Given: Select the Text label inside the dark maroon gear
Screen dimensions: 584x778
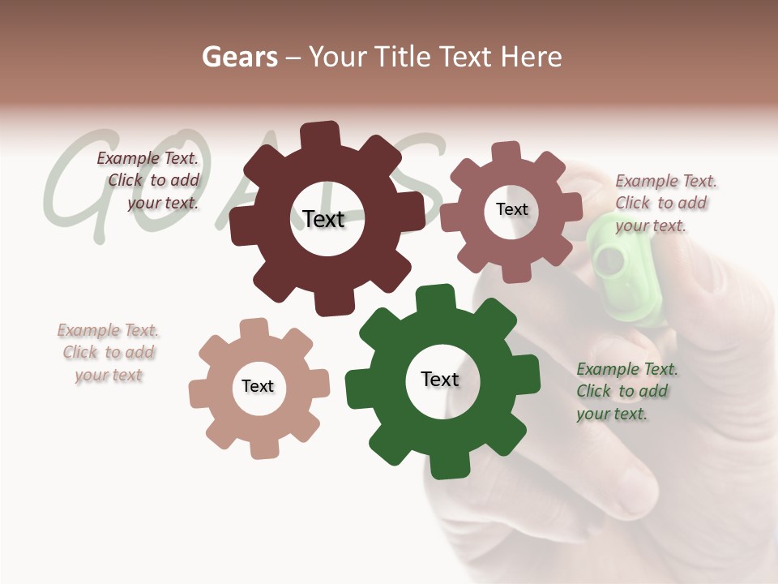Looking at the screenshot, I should click(x=323, y=219).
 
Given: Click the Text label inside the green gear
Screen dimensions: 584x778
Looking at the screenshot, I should click(x=440, y=380).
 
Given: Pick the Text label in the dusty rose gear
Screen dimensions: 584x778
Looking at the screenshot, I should click(x=511, y=209).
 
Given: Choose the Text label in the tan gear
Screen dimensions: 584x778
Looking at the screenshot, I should click(x=258, y=386).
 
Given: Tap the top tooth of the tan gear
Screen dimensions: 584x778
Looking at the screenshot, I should click(x=254, y=329).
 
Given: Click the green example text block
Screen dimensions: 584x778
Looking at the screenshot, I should click(x=626, y=392).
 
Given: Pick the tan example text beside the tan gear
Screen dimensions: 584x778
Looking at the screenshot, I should click(x=108, y=353).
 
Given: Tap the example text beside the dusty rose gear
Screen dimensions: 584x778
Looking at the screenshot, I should click(x=661, y=204).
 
